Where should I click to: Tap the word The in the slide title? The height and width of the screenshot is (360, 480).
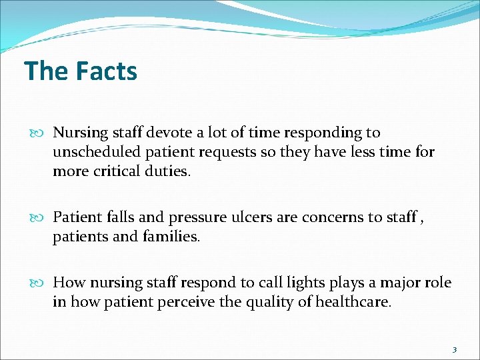click(x=44, y=71)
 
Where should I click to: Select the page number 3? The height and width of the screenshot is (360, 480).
click(x=454, y=349)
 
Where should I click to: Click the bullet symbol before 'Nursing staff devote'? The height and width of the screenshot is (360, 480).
click(x=44, y=133)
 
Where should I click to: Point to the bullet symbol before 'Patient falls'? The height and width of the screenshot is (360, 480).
click(x=44, y=217)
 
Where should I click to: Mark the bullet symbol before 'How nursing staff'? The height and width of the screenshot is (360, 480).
click(x=44, y=283)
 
